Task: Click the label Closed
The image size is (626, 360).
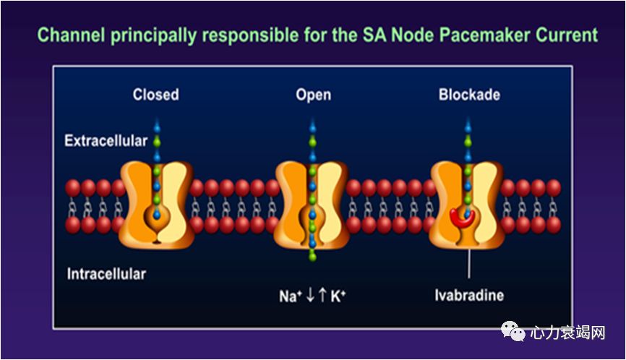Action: coord(155,95)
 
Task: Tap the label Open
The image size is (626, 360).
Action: coord(313,95)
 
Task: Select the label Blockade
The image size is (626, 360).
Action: coord(469,95)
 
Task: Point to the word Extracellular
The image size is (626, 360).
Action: coord(106,140)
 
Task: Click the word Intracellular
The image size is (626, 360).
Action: coord(106,274)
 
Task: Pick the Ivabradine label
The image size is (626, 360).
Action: coord(469,296)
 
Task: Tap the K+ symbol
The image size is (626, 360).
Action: coord(337,296)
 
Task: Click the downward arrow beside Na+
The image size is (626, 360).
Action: coord(309,296)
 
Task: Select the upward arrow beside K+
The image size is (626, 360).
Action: coord(322,296)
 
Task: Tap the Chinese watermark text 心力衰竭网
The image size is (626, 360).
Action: coord(567,333)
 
